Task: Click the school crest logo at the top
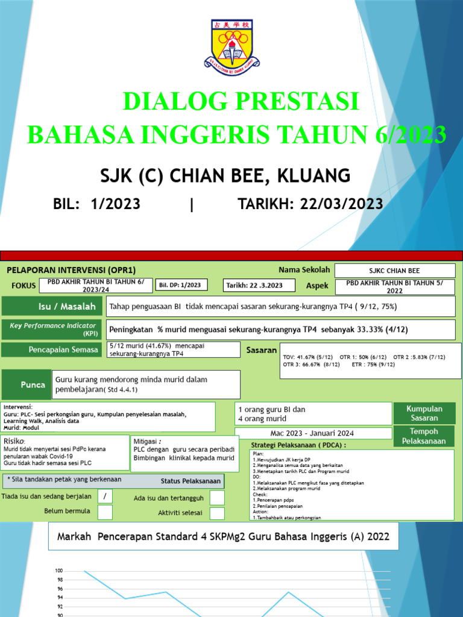pyautogui.click(x=231, y=45)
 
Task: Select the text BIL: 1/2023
pyautogui.click(x=97, y=204)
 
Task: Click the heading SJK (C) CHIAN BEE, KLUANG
pyautogui.click(x=224, y=175)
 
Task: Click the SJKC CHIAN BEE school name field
pyautogui.click(x=394, y=271)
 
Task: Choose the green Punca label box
pyautogui.click(x=25, y=384)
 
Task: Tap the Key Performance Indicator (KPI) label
pyautogui.click(x=53, y=329)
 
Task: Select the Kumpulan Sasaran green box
pyautogui.click(x=424, y=413)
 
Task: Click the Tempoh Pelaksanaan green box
pyautogui.click(x=424, y=436)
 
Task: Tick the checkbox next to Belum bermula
pyautogui.click(x=105, y=512)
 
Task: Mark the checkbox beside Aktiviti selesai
pyautogui.click(x=217, y=513)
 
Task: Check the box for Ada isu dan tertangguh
pyautogui.click(x=217, y=498)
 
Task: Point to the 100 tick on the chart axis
pyautogui.click(x=59, y=571)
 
